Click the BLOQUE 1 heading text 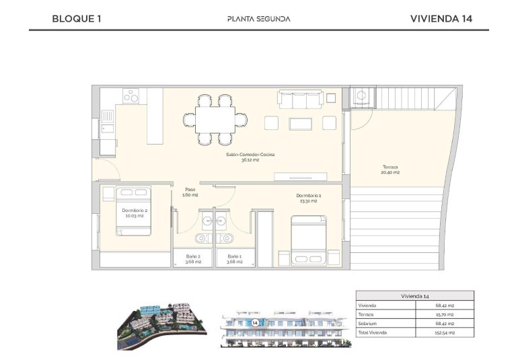click(x=76, y=18)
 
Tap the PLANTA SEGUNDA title click(x=259, y=18)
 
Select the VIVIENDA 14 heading click(x=441, y=18)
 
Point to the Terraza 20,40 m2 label click(x=391, y=170)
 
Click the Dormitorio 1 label click(x=306, y=198)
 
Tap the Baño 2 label click(x=193, y=258)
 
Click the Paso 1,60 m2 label click(x=190, y=192)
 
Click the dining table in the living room click(x=215, y=120)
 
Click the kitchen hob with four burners click(x=131, y=97)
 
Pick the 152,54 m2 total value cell click(x=445, y=332)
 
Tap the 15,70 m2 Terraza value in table click(x=445, y=314)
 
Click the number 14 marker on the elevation click(x=256, y=322)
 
